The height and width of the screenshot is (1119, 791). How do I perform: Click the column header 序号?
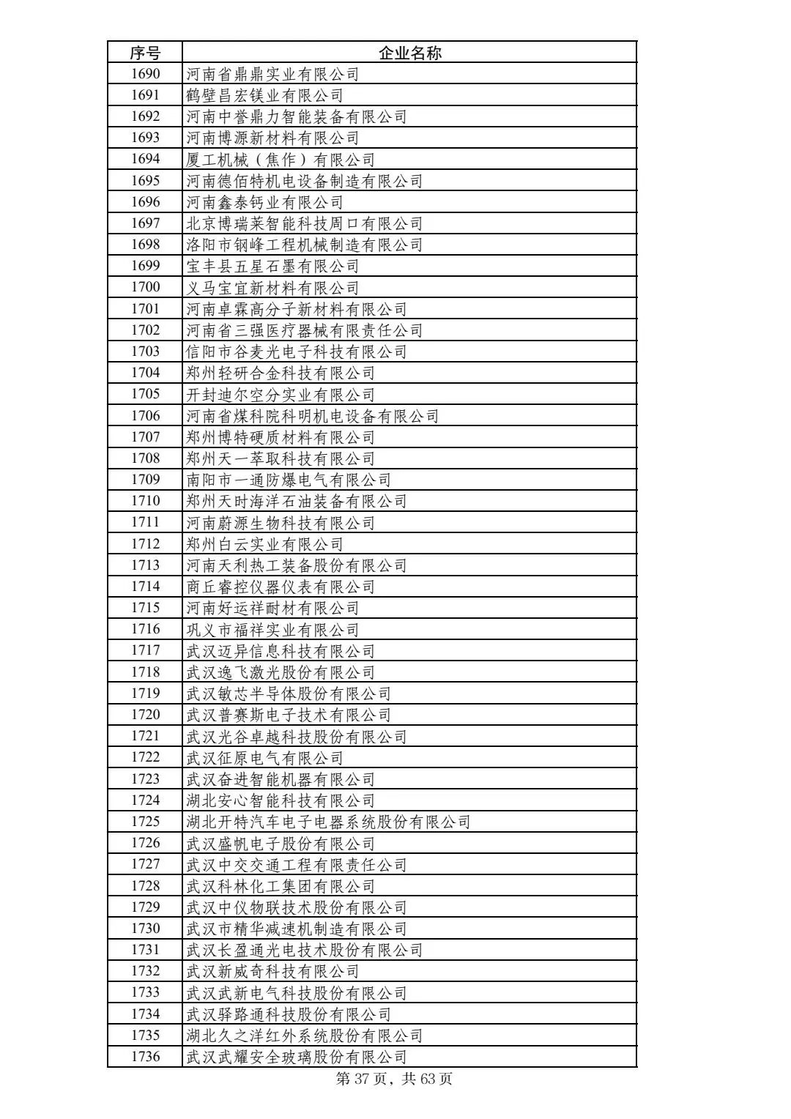pos(145,53)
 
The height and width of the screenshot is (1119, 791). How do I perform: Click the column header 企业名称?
pos(409,53)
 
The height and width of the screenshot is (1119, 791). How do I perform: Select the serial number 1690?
pos(145,74)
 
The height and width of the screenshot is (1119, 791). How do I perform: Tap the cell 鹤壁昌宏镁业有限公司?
pos(264,95)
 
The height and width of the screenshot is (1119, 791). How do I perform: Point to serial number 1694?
pos(145,159)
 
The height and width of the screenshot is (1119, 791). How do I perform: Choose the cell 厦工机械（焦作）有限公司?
pos(280,160)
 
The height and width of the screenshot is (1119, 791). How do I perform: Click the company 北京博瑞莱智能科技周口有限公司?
pos(304,223)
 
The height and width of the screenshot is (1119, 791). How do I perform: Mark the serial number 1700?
pos(145,287)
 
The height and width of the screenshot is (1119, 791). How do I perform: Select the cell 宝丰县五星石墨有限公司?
pos(272,266)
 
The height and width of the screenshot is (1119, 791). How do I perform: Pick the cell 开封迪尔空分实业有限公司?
pos(280,395)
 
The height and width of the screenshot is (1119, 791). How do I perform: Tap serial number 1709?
pos(145,480)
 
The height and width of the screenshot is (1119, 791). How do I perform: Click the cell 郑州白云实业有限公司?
pos(264,544)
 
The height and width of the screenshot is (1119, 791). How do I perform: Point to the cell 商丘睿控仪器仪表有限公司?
pos(280,587)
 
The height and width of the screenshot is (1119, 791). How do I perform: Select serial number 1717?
pos(145,650)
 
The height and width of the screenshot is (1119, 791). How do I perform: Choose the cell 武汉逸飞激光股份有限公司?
pos(280,672)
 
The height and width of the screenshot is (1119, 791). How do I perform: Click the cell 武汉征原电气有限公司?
pos(264,758)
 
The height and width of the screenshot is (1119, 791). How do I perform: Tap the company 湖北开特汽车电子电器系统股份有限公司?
pos(328,822)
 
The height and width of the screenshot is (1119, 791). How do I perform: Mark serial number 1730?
pos(145,929)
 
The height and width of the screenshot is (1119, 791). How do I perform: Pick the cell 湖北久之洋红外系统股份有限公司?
pos(304,1036)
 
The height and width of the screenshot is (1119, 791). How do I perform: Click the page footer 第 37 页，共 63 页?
pos(393,1079)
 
